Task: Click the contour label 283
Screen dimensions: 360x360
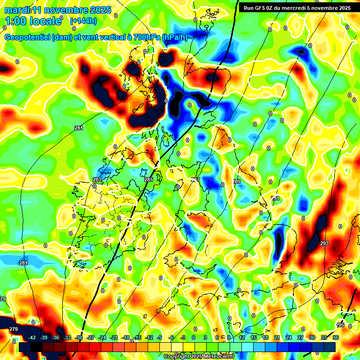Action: [97, 180]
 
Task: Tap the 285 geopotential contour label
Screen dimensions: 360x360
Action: [149, 180]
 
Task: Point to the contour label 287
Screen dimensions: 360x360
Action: [195, 180]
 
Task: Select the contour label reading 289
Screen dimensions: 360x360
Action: [237, 181]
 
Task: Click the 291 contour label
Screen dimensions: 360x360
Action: [275, 198]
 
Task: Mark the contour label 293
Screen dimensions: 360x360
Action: [324, 243]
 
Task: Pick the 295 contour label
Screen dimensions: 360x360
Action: [340, 325]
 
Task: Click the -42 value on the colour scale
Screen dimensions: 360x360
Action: [32, 337]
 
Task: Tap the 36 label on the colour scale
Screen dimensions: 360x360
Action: [336, 337]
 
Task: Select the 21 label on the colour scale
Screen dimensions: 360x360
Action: [277, 337]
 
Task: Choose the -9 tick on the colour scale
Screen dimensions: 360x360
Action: [159, 337]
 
